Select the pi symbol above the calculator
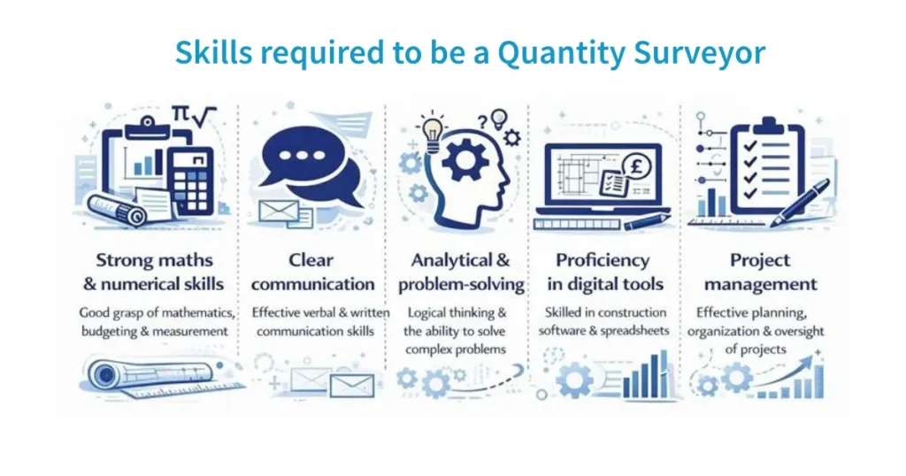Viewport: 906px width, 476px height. point(180,114)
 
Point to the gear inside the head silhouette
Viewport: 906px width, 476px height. point(462,160)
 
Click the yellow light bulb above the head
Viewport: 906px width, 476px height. point(433,130)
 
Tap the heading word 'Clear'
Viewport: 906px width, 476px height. point(311,260)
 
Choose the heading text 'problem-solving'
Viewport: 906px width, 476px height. point(461,285)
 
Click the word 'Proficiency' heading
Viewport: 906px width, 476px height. point(603,260)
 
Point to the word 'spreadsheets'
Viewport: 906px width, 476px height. point(632,331)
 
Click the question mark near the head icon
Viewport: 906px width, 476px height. point(482,123)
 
